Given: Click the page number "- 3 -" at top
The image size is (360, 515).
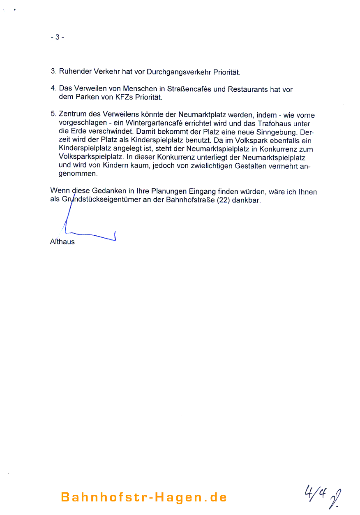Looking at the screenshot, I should pos(57,37).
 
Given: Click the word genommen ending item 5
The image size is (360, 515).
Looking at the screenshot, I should pos(78,174).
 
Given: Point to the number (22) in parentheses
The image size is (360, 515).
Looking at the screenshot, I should pos(223,201).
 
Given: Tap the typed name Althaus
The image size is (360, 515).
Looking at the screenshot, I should pos(62,242).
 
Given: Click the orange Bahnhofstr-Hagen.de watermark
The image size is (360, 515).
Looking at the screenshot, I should pos(144,497).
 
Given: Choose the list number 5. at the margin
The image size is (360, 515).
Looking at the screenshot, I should pos(53,115).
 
